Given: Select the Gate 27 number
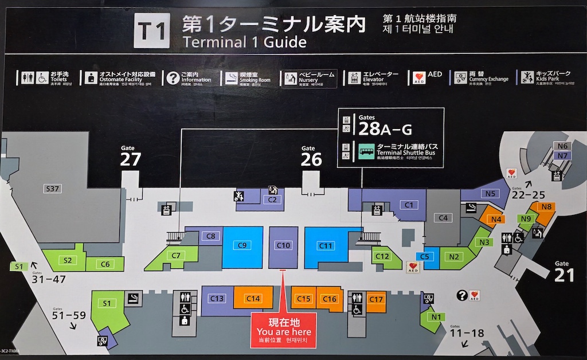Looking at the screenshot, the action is (131, 159).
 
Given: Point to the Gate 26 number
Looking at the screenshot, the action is (311, 159).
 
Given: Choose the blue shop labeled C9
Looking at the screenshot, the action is (242, 246).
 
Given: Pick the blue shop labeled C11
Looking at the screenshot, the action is (325, 246).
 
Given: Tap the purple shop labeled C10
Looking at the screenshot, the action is (284, 246).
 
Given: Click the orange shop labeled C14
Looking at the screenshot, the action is (253, 299).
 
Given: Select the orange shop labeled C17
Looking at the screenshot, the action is (376, 300).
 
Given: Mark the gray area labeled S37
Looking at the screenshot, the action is (53, 189).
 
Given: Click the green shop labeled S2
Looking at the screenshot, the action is (68, 260).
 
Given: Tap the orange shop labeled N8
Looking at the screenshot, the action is (546, 207).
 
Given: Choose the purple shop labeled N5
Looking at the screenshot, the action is (489, 194).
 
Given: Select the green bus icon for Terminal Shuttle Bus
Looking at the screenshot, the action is (367, 151).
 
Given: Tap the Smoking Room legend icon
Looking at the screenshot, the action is (231, 78).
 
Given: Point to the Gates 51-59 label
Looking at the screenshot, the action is (69, 315).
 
